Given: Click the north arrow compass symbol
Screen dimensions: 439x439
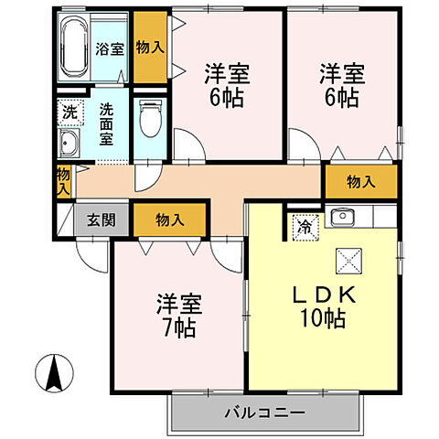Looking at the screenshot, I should coord(54,372).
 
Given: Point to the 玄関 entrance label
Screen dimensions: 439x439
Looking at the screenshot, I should coord(100,220).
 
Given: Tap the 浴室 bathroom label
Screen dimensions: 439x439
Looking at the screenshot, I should coord(110,48).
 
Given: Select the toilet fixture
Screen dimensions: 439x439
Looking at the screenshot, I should coord(150,119).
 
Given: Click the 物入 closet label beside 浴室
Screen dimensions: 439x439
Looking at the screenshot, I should coord(151,48).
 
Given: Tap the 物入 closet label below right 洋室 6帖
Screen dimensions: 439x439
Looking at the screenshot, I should coord(361,182).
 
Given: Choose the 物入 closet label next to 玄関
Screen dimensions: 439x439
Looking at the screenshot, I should coord(169,220).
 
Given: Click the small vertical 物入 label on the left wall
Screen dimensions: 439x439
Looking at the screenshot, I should coord(63,181).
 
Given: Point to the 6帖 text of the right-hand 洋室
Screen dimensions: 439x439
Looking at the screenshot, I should coord(341,98).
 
